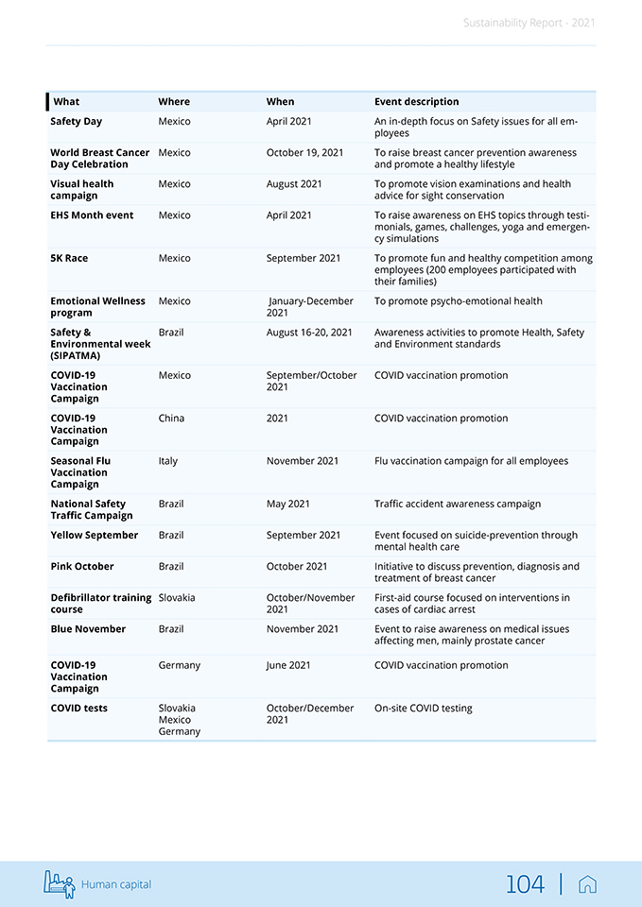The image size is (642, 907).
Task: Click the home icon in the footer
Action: (587, 884)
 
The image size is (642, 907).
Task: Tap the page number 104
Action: (525, 884)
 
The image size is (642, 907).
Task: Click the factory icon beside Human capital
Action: (59, 883)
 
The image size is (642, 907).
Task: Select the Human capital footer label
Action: (115, 885)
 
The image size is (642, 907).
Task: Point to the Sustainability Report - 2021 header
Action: (529, 23)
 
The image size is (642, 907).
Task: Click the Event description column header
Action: (416, 102)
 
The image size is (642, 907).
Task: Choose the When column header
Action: (280, 102)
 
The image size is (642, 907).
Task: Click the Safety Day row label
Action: (77, 122)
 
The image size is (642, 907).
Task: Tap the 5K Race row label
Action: (69, 258)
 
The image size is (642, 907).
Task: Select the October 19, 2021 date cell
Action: (304, 153)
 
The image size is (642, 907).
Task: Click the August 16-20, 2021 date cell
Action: (309, 333)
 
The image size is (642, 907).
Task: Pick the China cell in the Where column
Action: (171, 419)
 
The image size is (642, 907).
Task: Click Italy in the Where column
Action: (167, 461)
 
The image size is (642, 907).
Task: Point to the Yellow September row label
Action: (95, 536)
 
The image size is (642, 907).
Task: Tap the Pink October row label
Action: (82, 567)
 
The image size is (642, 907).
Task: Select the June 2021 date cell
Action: (288, 666)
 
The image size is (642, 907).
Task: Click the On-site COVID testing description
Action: (423, 709)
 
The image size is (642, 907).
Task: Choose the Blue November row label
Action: (88, 629)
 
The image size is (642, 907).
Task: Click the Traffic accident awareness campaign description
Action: (458, 505)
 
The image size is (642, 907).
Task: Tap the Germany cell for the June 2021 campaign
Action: (179, 666)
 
